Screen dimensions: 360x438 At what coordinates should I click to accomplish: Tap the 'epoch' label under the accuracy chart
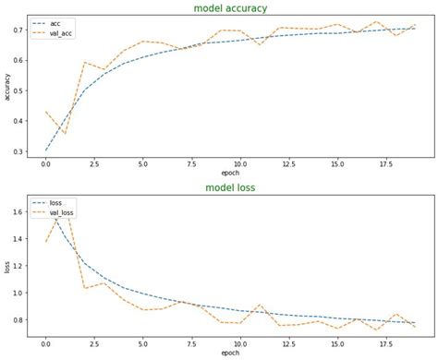[230, 173]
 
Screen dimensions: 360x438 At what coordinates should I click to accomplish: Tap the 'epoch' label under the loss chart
[230, 352]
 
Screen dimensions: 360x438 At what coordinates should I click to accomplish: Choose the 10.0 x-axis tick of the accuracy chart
[239, 163]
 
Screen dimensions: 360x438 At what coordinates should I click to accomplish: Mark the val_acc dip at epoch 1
[65, 133]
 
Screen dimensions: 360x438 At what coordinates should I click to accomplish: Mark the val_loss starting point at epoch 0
[45, 242]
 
